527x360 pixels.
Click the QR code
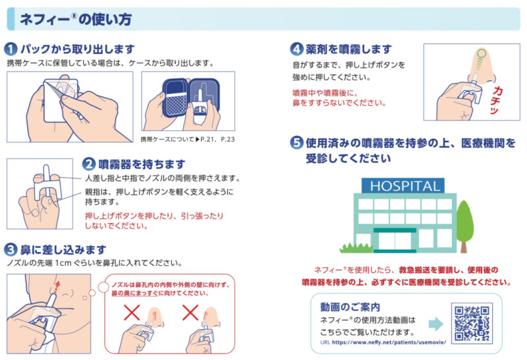pyautogui.click(x=472, y=323)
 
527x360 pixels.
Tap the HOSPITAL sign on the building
pyautogui.click(x=403, y=186)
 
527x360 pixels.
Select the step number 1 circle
pyautogui.click(x=11, y=49)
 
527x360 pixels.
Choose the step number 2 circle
pyautogui.click(x=89, y=164)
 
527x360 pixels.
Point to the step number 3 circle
pyautogui.click(x=11, y=249)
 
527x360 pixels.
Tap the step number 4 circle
pyautogui.click(x=296, y=49)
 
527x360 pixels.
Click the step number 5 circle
pyautogui.click(x=296, y=142)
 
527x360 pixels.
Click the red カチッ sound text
pyautogui.click(x=496, y=100)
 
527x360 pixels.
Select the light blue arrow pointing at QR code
pyautogui.click(x=436, y=324)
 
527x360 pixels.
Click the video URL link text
pyautogui.click(x=389, y=342)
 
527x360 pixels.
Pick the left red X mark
pyautogui.click(x=132, y=313)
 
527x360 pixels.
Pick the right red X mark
pyautogui.click(x=190, y=313)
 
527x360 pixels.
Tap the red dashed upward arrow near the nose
pyautogui.click(x=57, y=287)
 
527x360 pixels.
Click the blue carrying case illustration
pyautogui.click(x=190, y=97)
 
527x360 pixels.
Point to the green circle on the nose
pyautogui.click(x=482, y=53)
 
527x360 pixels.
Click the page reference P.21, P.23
pyautogui.click(x=217, y=139)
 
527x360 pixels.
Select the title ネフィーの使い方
pyautogui.click(x=76, y=19)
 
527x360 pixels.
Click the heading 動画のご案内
pyautogui.click(x=350, y=307)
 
